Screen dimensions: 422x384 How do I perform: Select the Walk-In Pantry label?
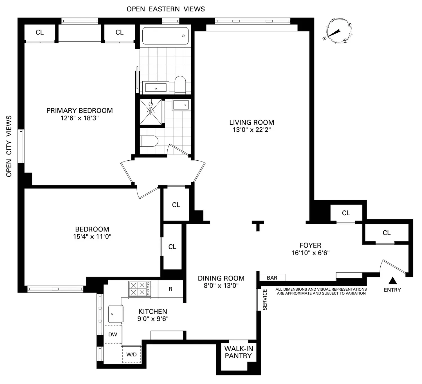click(x=239, y=352)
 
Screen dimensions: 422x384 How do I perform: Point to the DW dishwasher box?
click(x=113, y=334)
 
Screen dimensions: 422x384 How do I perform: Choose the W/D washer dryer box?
click(x=131, y=354)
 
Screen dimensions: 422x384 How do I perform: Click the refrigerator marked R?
click(x=170, y=289)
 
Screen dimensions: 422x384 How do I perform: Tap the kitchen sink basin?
click(x=116, y=314)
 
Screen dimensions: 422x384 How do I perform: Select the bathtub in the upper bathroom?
click(x=165, y=36)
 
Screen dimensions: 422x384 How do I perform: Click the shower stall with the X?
click(x=151, y=112)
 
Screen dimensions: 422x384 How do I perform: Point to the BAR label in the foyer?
click(x=272, y=278)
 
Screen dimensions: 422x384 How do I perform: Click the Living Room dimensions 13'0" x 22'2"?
click(x=252, y=130)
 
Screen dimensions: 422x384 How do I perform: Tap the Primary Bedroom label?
click(x=80, y=111)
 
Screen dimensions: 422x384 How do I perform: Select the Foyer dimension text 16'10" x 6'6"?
click(x=310, y=253)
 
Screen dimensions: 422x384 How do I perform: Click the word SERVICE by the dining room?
click(x=265, y=300)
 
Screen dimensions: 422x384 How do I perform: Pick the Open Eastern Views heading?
click(x=165, y=9)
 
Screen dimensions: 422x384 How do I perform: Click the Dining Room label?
click(x=221, y=278)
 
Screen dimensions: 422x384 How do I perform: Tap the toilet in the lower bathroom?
click(x=149, y=141)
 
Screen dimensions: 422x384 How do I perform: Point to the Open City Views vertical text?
click(x=9, y=146)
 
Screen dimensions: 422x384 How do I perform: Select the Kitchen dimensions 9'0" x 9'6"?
click(x=153, y=319)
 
